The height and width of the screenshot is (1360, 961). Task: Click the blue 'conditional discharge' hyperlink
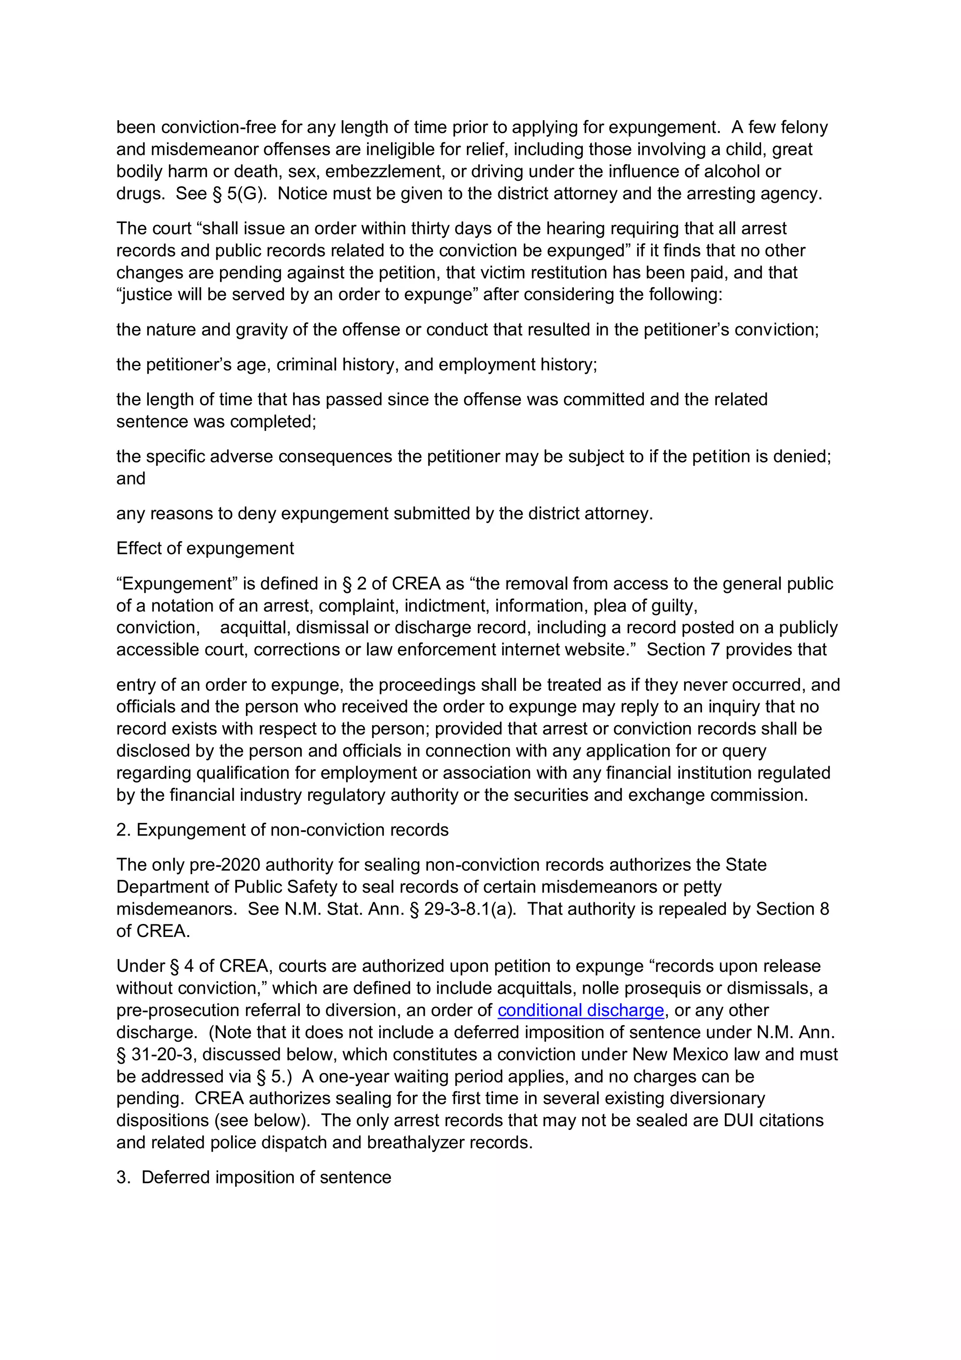pyautogui.click(x=580, y=1010)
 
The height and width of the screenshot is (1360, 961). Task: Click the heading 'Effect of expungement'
pyautogui.click(x=205, y=548)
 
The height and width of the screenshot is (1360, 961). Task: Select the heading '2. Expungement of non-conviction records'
pyautogui.click(x=282, y=830)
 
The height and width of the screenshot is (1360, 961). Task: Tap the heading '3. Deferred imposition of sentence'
pyautogui.click(x=254, y=1177)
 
